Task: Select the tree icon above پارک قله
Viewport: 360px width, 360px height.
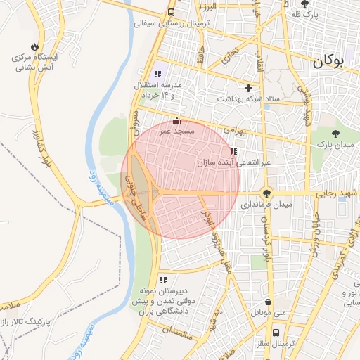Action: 304,4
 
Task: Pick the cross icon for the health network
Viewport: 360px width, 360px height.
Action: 247,88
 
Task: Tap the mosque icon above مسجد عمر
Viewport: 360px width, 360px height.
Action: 176,120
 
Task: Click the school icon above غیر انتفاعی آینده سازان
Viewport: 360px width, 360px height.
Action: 233,151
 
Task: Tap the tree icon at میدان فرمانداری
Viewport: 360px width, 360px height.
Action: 266,193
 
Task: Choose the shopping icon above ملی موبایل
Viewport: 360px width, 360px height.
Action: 258,302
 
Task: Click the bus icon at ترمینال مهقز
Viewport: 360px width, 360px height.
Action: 276,333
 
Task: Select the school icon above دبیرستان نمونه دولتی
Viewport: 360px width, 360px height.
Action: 163,280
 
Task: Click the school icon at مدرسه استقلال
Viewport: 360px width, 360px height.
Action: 157,74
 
